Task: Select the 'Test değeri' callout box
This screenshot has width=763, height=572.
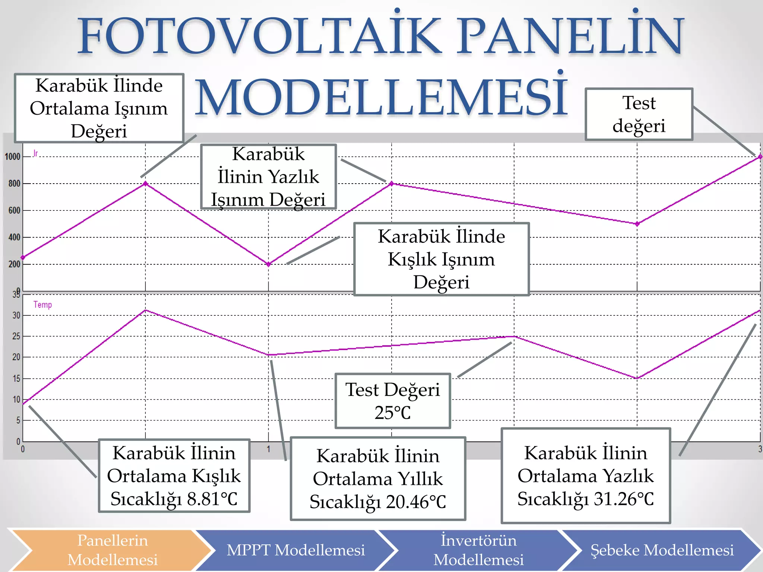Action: (639, 114)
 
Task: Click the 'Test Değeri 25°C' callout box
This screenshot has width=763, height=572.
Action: (393, 401)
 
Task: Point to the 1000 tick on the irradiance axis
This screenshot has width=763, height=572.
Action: (12, 157)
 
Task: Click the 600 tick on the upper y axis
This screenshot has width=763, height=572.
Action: (14, 210)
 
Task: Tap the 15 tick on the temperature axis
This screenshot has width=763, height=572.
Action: (16, 379)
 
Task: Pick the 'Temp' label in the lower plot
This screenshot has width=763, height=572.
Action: (42, 305)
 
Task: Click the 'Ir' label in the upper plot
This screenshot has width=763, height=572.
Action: (35, 153)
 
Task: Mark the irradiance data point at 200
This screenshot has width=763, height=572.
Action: (268, 264)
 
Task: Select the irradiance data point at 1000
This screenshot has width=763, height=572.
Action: (760, 157)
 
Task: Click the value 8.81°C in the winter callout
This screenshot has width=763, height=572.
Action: (212, 499)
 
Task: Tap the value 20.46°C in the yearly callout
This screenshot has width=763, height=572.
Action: (416, 502)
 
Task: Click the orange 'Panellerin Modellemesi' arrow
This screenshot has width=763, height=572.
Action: (112, 550)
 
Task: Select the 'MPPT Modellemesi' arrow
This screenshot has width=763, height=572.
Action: (295, 550)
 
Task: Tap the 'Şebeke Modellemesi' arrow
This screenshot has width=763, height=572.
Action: (662, 550)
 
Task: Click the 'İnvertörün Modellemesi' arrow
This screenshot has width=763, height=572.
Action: (478, 550)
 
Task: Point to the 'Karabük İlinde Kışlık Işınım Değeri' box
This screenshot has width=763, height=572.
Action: (441, 259)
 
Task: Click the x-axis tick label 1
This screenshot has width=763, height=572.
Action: (268, 449)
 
